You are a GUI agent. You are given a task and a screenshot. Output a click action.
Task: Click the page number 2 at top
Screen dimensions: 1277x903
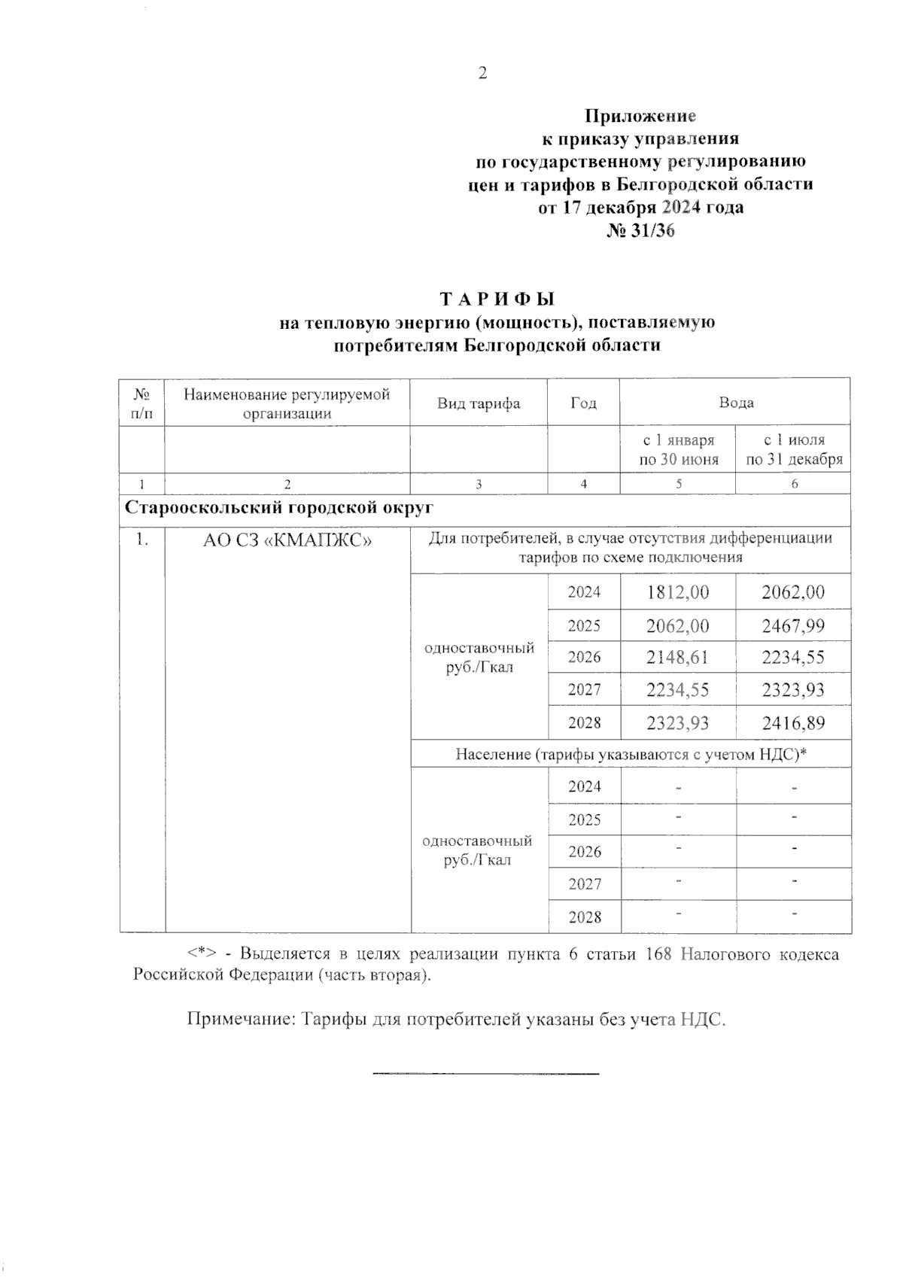pyautogui.click(x=482, y=73)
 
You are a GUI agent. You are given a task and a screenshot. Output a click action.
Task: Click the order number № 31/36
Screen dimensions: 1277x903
pyautogui.click(x=640, y=230)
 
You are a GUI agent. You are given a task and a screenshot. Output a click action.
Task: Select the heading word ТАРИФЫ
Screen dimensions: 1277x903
pyautogui.click(x=497, y=299)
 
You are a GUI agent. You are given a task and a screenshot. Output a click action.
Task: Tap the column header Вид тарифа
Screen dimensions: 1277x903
pyautogui.click(x=479, y=403)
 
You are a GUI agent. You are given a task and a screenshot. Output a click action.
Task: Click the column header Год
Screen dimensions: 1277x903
pyautogui.click(x=583, y=403)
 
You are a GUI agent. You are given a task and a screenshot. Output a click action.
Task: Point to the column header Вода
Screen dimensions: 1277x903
pyautogui.click(x=735, y=403)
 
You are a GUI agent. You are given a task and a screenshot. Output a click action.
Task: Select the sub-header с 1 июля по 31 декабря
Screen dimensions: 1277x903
pyautogui.click(x=793, y=449)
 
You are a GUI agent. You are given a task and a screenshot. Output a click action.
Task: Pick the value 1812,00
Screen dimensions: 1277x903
pyautogui.click(x=677, y=592)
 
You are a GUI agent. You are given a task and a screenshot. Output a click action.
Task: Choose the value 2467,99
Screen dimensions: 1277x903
pyautogui.click(x=793, y=625)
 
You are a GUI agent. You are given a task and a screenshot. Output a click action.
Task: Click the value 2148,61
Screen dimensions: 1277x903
pyautogui.click(x=677, y=657)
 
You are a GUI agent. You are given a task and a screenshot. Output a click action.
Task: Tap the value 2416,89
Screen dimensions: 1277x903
pyautogui.click(x=793, y=723)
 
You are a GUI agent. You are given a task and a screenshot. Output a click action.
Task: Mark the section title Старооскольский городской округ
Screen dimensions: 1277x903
pyautogui.click(x=278, y=507)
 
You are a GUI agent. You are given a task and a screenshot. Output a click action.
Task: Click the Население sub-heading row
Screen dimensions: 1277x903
pyautogui.click(x=631, y=754)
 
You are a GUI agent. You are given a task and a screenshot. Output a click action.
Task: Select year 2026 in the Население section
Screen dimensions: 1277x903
pyautogui.click(x=584, y=851)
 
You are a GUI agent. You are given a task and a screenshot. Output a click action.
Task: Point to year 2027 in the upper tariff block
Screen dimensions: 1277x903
pyautogui.click(x=584, y=690)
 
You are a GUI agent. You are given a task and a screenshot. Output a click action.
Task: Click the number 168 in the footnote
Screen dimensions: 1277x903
pyautogui.click(x=658, y=954)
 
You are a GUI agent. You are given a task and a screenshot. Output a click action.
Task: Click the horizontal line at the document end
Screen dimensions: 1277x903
pyautogui.click(x=485, y=1072)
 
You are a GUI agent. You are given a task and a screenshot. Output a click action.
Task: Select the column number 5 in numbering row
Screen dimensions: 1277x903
pyautogui.click(x=678, y=484)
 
